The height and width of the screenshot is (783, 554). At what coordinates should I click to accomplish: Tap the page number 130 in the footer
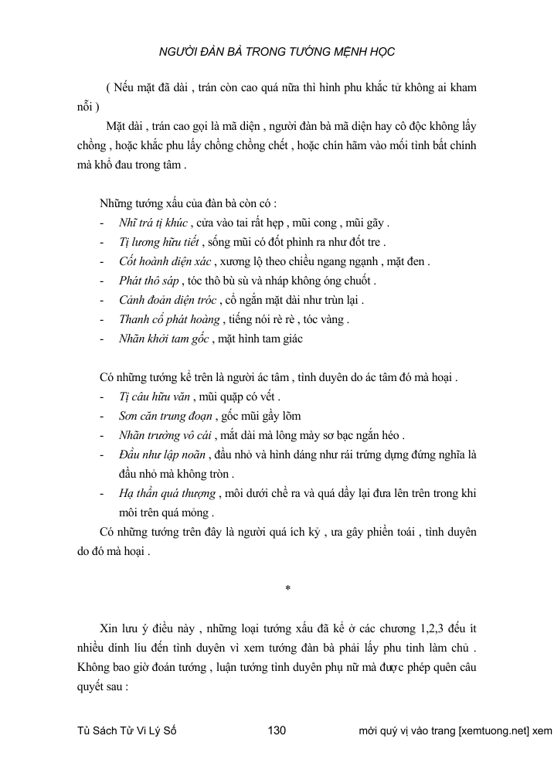(277, 730)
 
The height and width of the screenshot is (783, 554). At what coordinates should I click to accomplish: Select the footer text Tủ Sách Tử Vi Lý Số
(127, 730)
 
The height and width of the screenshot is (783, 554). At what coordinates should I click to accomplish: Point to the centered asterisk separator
(287, 589)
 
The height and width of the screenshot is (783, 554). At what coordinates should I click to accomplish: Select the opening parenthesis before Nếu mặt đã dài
(109, 88)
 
